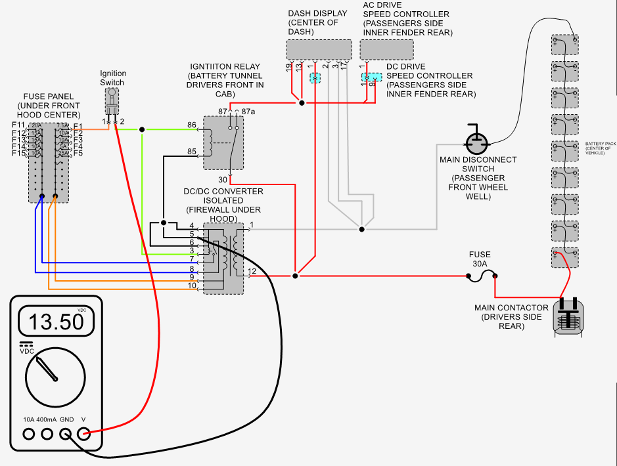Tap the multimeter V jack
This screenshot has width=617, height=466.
83,433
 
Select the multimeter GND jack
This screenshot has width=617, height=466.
65,433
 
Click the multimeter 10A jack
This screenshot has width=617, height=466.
28,433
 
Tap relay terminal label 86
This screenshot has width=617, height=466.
191,125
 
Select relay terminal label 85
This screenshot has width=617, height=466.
191,152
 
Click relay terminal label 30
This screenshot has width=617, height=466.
223,179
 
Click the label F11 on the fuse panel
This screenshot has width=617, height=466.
18,125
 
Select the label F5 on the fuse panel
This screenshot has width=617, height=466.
78,153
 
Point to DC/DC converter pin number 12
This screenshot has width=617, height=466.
252,271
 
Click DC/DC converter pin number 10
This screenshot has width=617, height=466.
192,286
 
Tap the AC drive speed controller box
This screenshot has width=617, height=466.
386,49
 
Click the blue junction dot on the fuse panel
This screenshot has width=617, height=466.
41,196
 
